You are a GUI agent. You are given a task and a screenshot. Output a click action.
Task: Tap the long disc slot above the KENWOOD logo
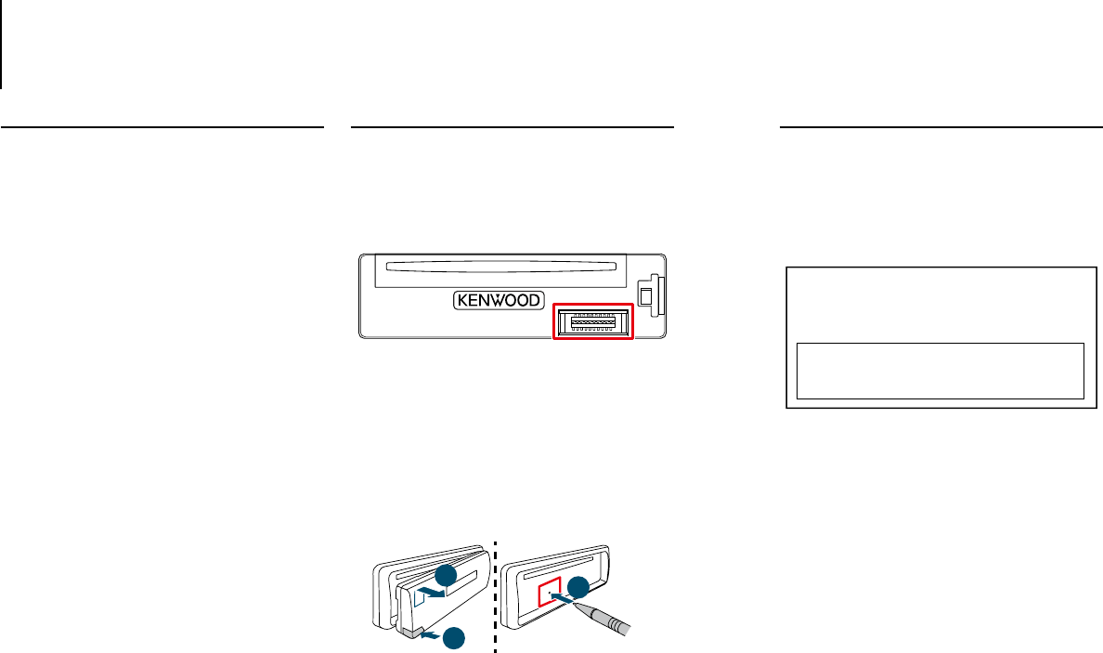[x=500, y=271]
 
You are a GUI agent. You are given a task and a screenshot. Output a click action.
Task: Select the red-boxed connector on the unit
[x=592, y=322]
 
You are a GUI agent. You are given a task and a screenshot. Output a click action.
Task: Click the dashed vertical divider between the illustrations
[x=496, y=594]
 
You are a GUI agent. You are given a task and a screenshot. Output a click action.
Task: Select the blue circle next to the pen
[x=578, y=586]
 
